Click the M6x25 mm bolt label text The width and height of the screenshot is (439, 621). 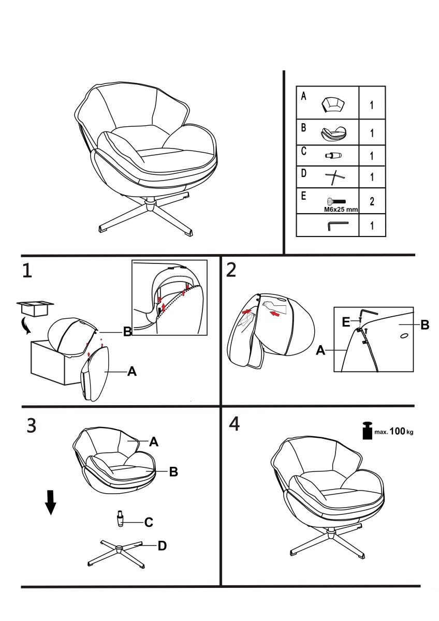(x=340, y=210)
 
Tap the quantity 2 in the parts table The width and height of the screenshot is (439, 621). (x=372, y=202)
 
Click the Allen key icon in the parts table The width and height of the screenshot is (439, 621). (x=339, y=226)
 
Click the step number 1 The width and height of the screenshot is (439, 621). (x=26, y=271)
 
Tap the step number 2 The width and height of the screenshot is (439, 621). (x=232, y=270)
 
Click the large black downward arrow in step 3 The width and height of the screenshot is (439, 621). (x=50, y=502)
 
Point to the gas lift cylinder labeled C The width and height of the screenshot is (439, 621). (x=121, y=519)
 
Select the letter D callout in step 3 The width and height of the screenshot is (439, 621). (x=162, y=545)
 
